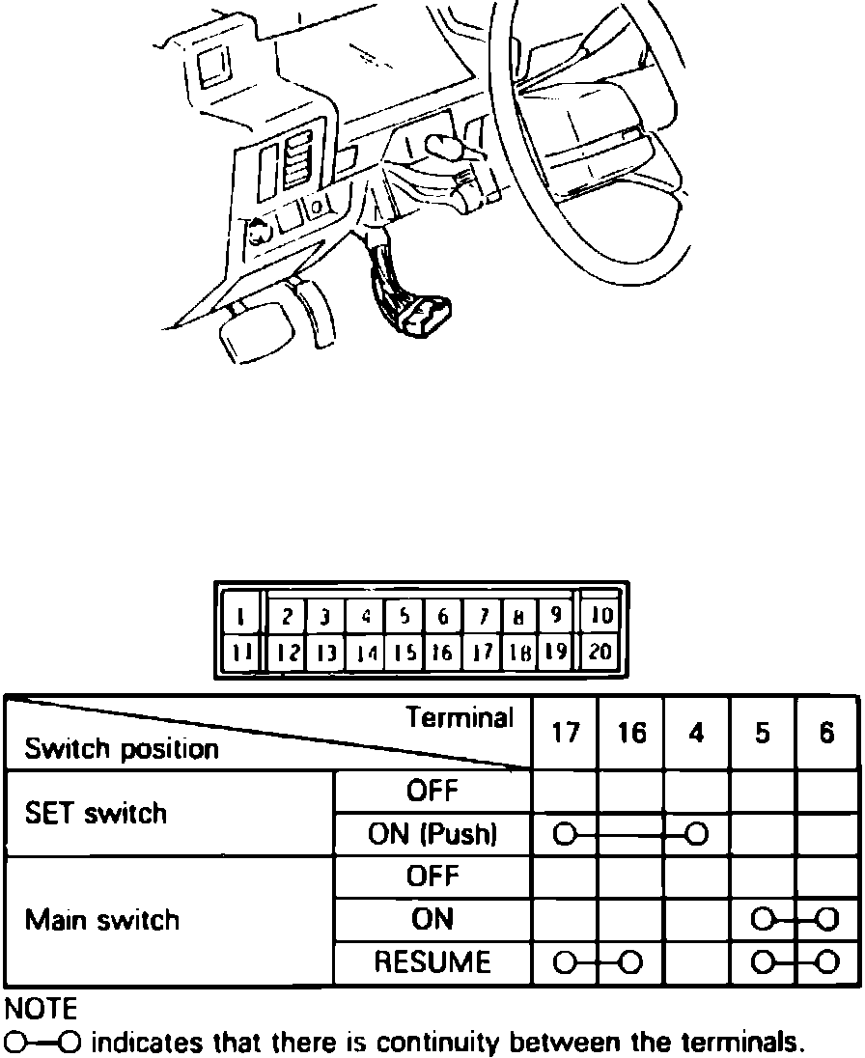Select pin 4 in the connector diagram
point(366,615)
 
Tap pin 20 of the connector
point(600,653)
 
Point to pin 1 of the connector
point(239,615)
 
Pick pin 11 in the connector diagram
point(239,653)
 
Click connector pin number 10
point(600,615)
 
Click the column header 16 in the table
point(631,733)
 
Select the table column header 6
point(827,733)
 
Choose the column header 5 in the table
point(763,733)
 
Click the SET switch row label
point(97,813)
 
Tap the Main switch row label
point(102,920)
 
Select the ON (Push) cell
point(432,834)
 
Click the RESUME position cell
point(432,962)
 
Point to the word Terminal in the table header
point(460,718)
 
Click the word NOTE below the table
point(41,1011)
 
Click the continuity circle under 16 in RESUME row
point(630,962)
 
